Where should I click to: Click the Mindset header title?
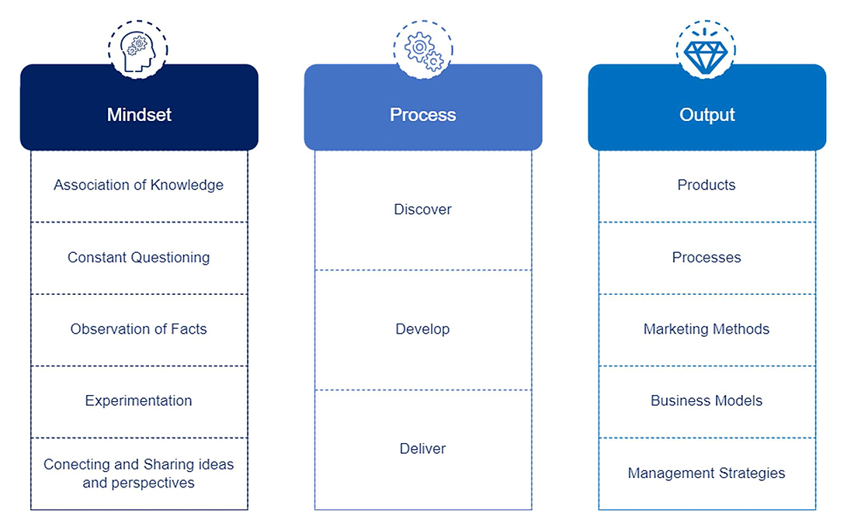tap(139, 115)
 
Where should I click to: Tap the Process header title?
tap(422, 115)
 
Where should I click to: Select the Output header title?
tap(707, 115)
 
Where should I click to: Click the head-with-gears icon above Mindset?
tap(139, 49)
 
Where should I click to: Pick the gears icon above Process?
tap(423, 49)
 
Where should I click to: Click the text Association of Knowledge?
tap(138, 185)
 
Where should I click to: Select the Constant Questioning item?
tap(138, 257)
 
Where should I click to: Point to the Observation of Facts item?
tap(138, 329)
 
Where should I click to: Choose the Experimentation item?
tap(138, 400)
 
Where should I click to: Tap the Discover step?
tap(422, 210)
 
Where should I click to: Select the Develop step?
tap(422, 329)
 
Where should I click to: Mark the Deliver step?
tap(422, 449)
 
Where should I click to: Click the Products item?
tap(707, 185)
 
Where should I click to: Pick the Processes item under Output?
tap(707, 257)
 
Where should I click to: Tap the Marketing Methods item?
tap(707, 329)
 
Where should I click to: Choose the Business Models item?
tap(707, 400)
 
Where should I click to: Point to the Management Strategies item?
tap(707, 473)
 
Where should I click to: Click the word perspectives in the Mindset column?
tap(153, 483)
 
